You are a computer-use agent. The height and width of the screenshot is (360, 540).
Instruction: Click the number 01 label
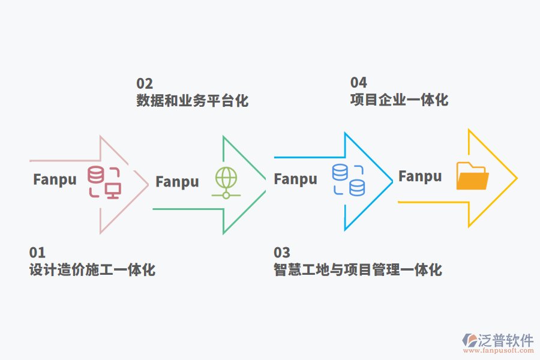point(37,253)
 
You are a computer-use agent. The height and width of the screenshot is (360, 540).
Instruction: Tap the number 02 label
point(145,83)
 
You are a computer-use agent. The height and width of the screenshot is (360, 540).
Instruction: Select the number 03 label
point(282,253)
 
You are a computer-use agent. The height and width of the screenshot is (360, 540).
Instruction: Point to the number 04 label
point(359,82)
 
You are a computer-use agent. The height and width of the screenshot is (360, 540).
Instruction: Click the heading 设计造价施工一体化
point(92,270)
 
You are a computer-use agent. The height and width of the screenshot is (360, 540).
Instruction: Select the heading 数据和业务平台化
point(192,100)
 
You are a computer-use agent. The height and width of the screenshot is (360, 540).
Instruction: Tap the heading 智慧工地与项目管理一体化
point(358,270)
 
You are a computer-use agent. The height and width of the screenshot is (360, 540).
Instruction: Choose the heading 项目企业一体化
point(399,99)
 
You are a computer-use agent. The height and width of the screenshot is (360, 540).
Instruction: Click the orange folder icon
point(472,176)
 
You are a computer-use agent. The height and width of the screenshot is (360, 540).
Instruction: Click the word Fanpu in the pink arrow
point(55,179)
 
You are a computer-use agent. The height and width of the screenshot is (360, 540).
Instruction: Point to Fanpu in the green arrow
point(177,182)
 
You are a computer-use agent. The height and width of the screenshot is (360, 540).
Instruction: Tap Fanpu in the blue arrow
point(295,179)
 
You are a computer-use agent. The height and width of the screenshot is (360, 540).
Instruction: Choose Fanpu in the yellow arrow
point(420,176)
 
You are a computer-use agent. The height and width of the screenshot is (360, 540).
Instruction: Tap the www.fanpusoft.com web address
point(497,351)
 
